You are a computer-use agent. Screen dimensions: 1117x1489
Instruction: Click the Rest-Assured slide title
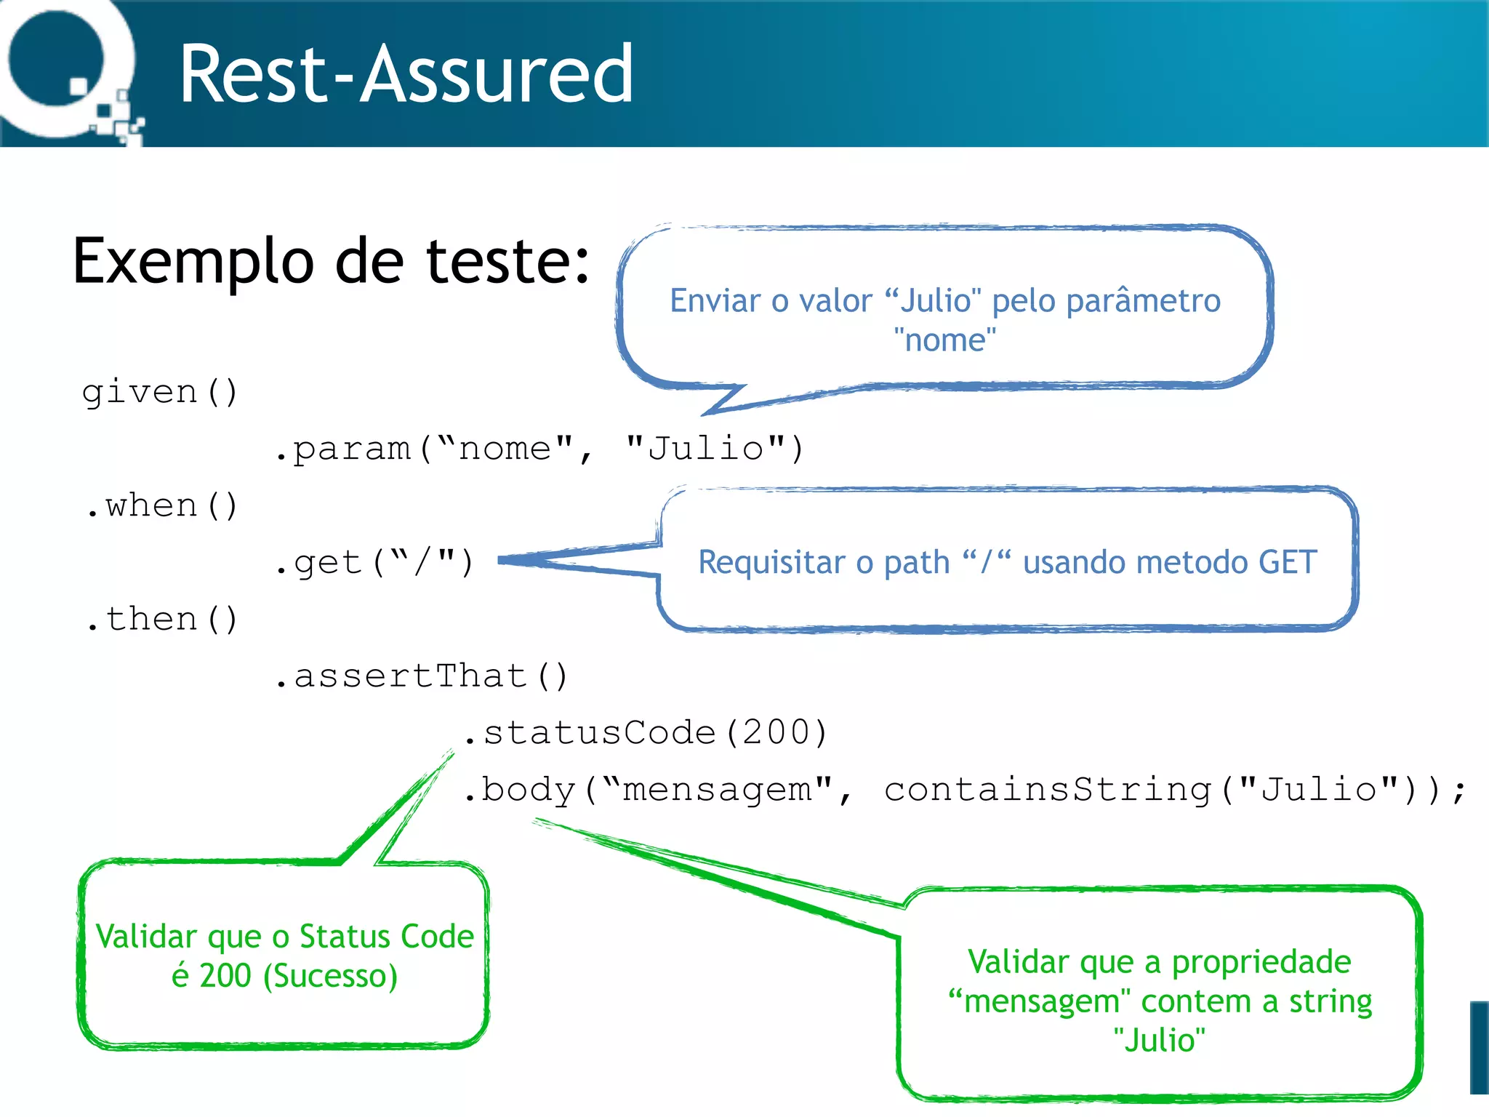pos(406,74)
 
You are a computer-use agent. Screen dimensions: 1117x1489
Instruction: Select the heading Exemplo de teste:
pos(331,262)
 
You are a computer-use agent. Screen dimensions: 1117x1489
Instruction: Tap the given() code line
pos(160,393)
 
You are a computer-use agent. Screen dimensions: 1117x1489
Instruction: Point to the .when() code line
pos(161,506)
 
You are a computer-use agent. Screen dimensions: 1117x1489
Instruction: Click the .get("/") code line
pos(374,563)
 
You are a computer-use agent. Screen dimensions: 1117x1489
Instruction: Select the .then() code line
pos(161,620)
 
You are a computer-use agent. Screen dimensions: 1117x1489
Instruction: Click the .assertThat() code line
pos(422,676)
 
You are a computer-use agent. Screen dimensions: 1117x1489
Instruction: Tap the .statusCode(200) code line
pos(646,733)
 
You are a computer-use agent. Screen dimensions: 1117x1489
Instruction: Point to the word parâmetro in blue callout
pos(1143,301)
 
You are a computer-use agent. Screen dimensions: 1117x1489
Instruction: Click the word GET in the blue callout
pos(1288,562)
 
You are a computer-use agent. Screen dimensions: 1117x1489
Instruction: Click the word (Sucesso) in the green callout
pos(331,976)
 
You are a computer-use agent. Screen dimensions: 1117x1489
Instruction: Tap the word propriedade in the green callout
pos(1261,962)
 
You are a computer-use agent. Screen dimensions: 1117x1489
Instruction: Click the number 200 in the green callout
pos(225,976)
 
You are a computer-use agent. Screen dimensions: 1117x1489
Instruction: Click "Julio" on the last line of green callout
pos(1159,1040)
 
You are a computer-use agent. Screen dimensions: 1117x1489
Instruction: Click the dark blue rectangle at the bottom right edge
pos(1480,1047)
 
